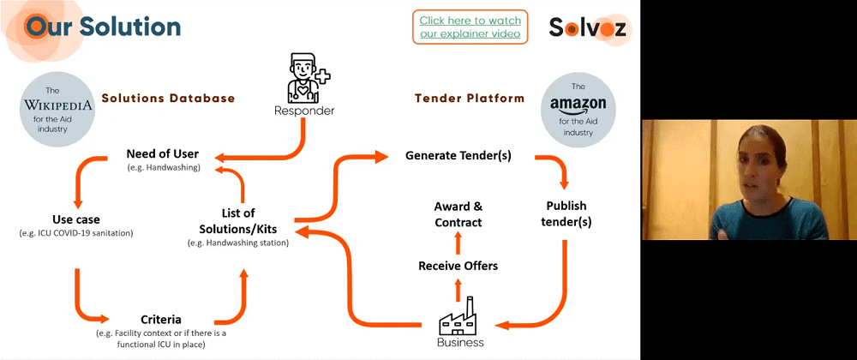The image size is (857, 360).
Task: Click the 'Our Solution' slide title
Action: point(103,26)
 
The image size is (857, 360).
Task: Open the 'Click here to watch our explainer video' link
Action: point(470,27)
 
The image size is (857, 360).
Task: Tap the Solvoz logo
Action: point(588,27)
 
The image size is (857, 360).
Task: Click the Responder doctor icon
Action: point(304,79)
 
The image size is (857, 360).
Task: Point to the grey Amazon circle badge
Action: point(578,109)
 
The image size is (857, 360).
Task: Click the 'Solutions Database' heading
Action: point(168,99)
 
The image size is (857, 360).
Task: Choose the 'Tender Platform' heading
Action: point(470,99)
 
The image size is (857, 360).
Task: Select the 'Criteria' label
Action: point(161,319)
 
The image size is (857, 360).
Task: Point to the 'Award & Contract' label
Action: point(458,214)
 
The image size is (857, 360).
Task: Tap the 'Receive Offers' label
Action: point(458,266)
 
